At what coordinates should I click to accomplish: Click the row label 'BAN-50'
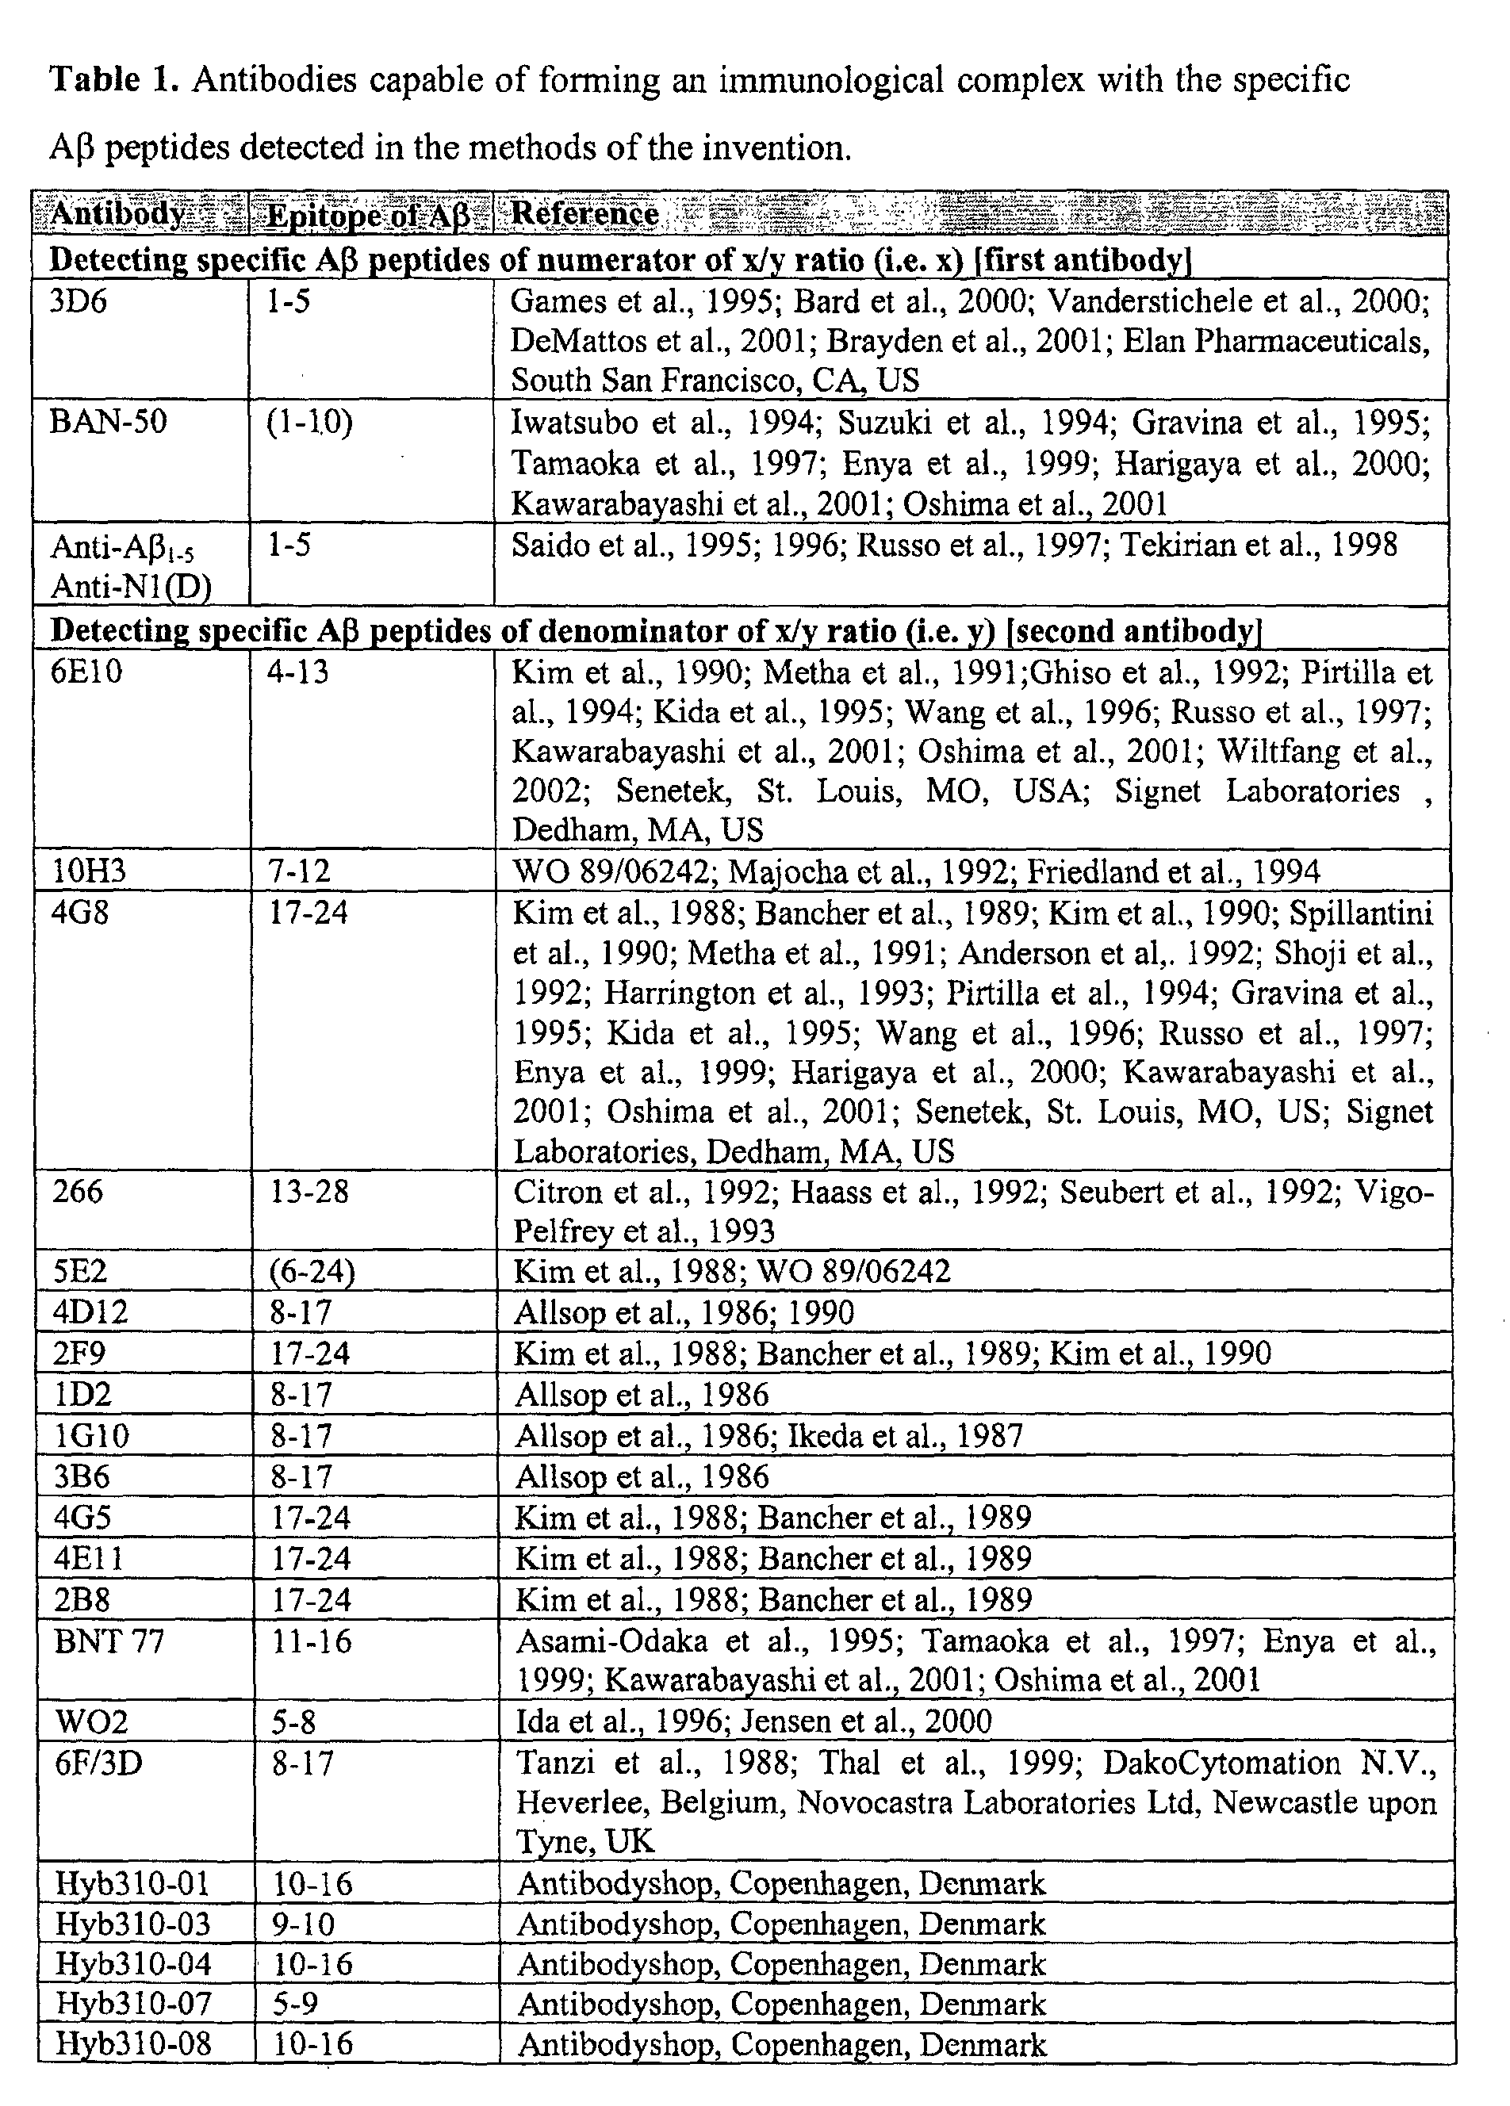[x=109, y=423]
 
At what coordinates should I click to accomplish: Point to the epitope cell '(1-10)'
[x=309, y=423]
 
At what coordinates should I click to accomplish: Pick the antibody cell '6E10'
[x=87, y=672]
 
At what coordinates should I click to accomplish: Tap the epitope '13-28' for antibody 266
[x=309, y=1191]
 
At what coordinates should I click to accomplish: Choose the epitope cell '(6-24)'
[x=312, y=1272]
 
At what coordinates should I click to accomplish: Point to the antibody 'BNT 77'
[x=109, y=1641]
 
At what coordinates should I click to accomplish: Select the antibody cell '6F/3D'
[x=98, y=1763]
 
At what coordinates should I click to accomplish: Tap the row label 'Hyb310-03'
[x=132, y=1924]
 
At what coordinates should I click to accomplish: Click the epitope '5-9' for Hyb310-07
[x=294, y=2004]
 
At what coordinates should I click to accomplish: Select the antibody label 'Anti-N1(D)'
[x=131, y=586]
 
